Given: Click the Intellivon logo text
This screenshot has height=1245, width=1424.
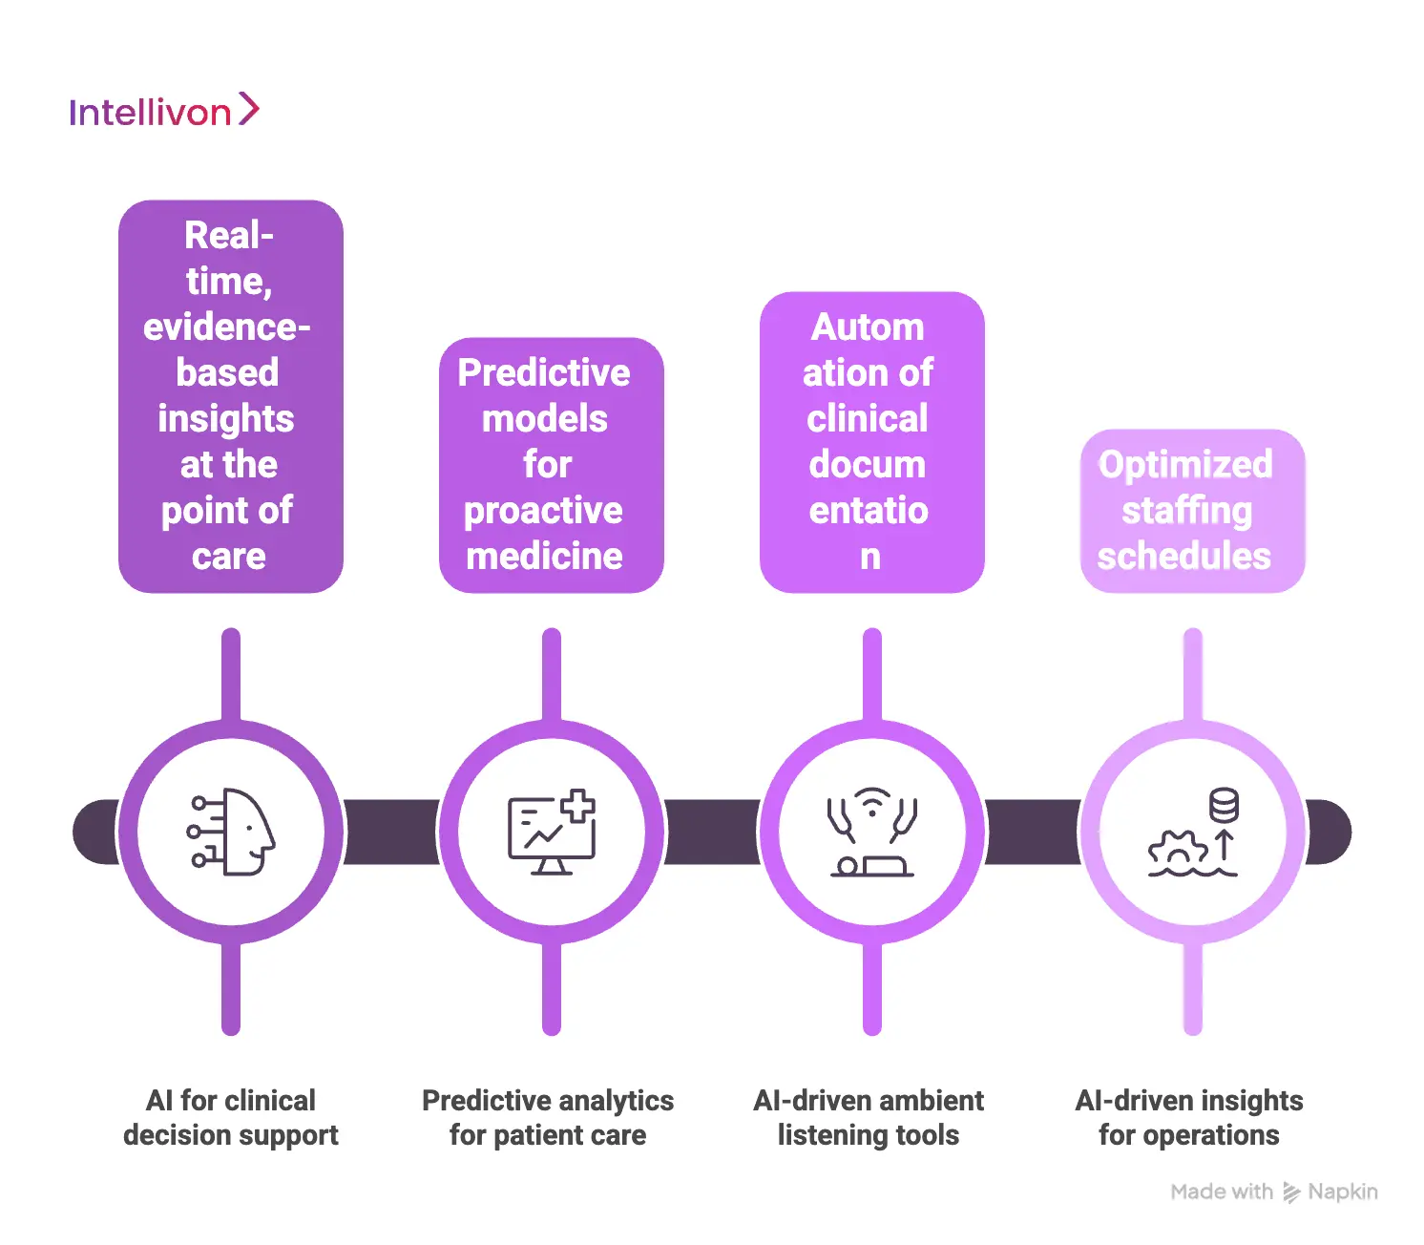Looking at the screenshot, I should point(150,113).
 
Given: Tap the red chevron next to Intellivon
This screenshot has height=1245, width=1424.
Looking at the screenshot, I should point(248,109).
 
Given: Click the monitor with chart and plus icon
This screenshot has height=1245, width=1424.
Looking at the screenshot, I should point(551,833).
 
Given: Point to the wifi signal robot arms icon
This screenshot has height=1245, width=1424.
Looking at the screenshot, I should point(871,833).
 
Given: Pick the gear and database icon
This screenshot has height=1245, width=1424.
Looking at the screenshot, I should point(1193,833).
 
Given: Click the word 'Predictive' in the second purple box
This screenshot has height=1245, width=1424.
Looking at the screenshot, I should point(544,372).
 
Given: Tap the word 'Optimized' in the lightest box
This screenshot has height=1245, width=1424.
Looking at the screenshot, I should point(1185,464).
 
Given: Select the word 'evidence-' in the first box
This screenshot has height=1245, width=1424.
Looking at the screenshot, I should point(227,327).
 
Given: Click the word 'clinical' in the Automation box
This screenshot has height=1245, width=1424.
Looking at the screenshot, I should point(868,418).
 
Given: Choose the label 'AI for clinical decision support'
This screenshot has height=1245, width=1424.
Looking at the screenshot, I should point(231,1117).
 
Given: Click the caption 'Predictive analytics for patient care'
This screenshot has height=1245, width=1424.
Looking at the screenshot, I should point(548,1117).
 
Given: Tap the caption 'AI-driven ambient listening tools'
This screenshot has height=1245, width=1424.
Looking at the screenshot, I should point(869,1117).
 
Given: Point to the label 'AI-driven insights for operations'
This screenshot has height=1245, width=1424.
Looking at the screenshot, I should point(1189,1117).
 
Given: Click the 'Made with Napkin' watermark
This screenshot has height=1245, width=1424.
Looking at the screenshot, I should point(1274,1192).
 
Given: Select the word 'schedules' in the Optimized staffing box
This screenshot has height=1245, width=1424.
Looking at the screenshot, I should point(1184,556).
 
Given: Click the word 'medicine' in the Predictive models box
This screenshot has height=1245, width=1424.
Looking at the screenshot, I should point(545,556).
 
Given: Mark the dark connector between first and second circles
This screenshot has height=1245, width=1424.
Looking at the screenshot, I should point(391,833).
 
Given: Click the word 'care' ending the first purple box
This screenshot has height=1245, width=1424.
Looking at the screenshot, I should point(229,556).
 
